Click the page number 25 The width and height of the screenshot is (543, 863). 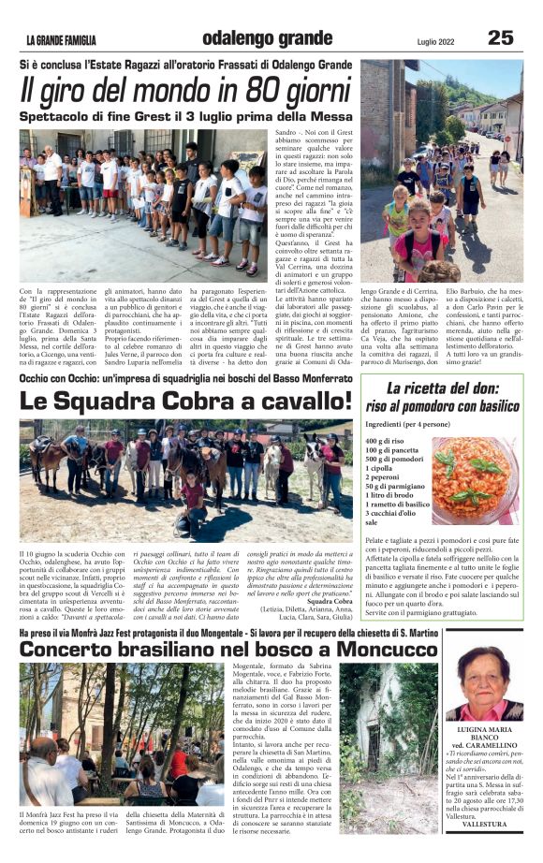501,37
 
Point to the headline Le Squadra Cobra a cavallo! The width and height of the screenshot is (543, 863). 186,402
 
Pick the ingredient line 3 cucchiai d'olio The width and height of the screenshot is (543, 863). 397,515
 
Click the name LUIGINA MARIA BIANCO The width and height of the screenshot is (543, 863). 484,739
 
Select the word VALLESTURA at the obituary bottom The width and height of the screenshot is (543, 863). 484,824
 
